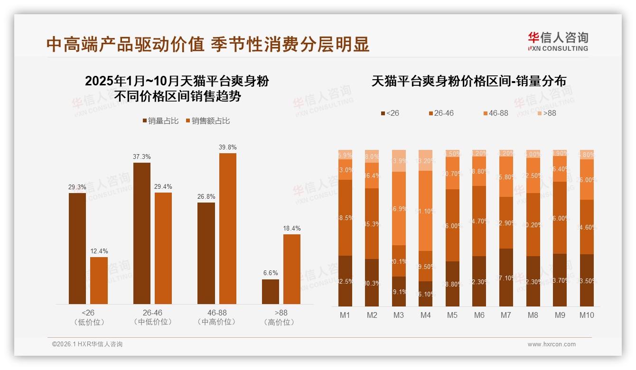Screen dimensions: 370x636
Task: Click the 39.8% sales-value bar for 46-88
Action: [x=227, y=228]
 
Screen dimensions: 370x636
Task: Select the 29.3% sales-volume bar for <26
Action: [x=77, y=248]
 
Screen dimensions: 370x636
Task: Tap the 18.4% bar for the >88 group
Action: [x=292, y=269]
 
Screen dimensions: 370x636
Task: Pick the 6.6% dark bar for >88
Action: [x=271, y=291]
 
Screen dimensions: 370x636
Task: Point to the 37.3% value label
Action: [x=142, y=157]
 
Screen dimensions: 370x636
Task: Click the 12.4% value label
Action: [x=99, y=251]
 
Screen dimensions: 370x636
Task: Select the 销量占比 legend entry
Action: [x=160, y=121]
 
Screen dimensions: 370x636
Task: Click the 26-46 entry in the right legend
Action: [x=441, y=113]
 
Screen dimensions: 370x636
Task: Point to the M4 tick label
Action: [x=425, y=315]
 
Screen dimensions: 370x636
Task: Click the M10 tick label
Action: [x=587, y=315]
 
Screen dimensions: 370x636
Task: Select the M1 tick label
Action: [x=345, y=315]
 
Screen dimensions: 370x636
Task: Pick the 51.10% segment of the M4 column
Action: [x=425, y=211]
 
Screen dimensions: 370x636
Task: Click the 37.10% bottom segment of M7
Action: [x=506, y=277]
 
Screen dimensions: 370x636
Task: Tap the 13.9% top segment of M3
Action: [x=399, y=161]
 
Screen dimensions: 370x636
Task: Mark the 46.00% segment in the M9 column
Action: [x=560, y=218]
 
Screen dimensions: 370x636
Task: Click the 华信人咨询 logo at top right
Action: [x=558, y=41]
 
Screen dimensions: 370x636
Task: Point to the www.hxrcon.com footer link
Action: [x=552, y=344]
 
